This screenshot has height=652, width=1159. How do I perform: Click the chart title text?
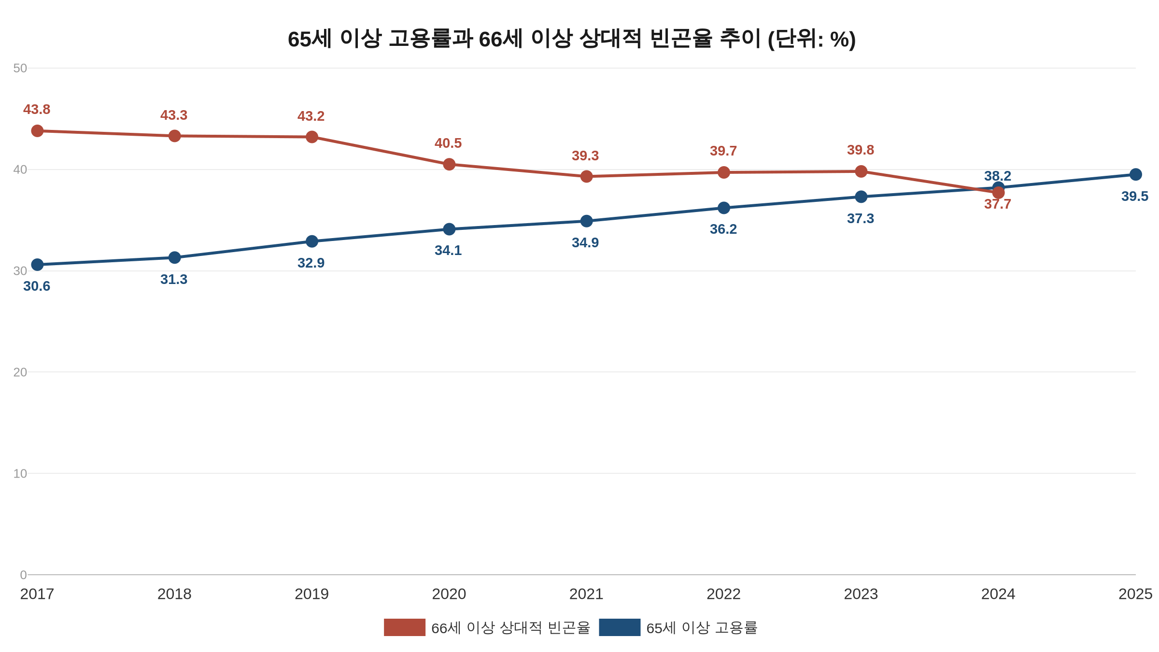572,39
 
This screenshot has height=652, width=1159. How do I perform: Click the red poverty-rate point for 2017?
37,131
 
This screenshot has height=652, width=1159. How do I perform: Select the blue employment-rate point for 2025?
1136,174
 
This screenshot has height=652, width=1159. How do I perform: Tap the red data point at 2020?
449,164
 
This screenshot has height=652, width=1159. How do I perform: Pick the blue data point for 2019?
312,241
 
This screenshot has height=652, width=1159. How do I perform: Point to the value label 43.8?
37,110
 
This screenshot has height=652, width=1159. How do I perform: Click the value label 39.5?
1135,197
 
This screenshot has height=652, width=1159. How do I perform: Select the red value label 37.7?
998,204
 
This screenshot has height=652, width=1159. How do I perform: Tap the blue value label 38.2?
998,176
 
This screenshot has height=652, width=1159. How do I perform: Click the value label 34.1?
448,251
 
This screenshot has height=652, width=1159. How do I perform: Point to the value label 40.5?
448,143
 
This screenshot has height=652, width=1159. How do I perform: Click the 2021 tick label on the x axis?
586,594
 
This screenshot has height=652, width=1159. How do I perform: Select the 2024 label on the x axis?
998,594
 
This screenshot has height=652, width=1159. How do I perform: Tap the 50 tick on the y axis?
20,68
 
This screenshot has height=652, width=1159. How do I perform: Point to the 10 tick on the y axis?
20,474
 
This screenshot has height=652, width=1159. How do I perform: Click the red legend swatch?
405,627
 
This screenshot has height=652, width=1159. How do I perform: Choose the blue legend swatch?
620,627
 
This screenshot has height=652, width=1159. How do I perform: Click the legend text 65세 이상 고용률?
702,628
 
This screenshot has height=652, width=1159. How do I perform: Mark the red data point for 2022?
723,172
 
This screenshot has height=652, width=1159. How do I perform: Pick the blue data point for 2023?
861,197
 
